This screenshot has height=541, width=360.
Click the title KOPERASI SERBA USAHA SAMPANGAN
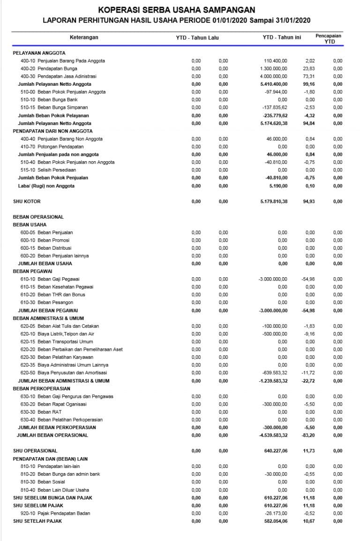pyautogui.click(x=177, y=9)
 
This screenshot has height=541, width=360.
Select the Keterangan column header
pyautogui.click(x=84, y=37)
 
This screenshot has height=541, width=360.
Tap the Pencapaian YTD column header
pyautogui.click(x=328, y=38)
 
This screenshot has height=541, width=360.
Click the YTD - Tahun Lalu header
pyautogui.click(x=197, y=37)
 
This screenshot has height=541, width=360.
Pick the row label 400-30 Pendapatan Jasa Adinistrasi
pyautogui.click(x=58, y=76)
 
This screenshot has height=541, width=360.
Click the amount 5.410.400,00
pyautogui.click(x=274, y=84)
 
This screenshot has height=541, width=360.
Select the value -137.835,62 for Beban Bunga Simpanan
pyautogui.click(x=275, y=107)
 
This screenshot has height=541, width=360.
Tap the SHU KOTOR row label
pyautogui.click(x=27, y=201)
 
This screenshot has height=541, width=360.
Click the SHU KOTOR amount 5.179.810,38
pyautogui.click(x=274, y=201)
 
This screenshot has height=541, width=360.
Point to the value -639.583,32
pyautogui.click(x=275, y=373)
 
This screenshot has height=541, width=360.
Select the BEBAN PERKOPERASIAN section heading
pyautogui.click(x=42, y=388)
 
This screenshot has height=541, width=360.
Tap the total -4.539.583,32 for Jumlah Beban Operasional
pyautogui.click(x=273, y=435)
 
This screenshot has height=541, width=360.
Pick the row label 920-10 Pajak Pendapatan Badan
pyautogui.click(x=55, y=513)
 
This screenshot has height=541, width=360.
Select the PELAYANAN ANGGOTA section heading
pyautogui.click(x=39, y=53)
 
